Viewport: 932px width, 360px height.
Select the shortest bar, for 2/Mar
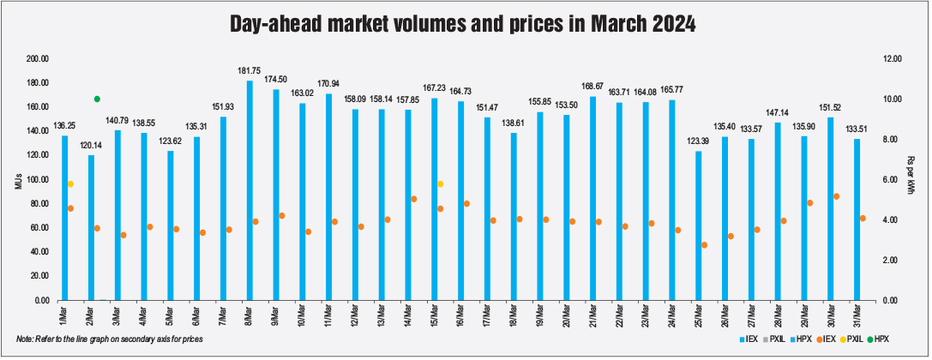tap(91, 227)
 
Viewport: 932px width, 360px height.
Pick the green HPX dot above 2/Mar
tap(97, 99)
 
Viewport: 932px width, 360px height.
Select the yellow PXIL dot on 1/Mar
tap(70, 184)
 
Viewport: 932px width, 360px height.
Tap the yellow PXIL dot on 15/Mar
tap(441, 184)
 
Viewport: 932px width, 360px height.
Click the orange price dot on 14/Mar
tap(414, 199)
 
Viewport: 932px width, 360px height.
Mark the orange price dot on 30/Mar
tap(836, 196)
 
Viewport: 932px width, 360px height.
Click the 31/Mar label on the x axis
tap(857, 315)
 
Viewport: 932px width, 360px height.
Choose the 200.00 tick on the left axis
tap(38, 59)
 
